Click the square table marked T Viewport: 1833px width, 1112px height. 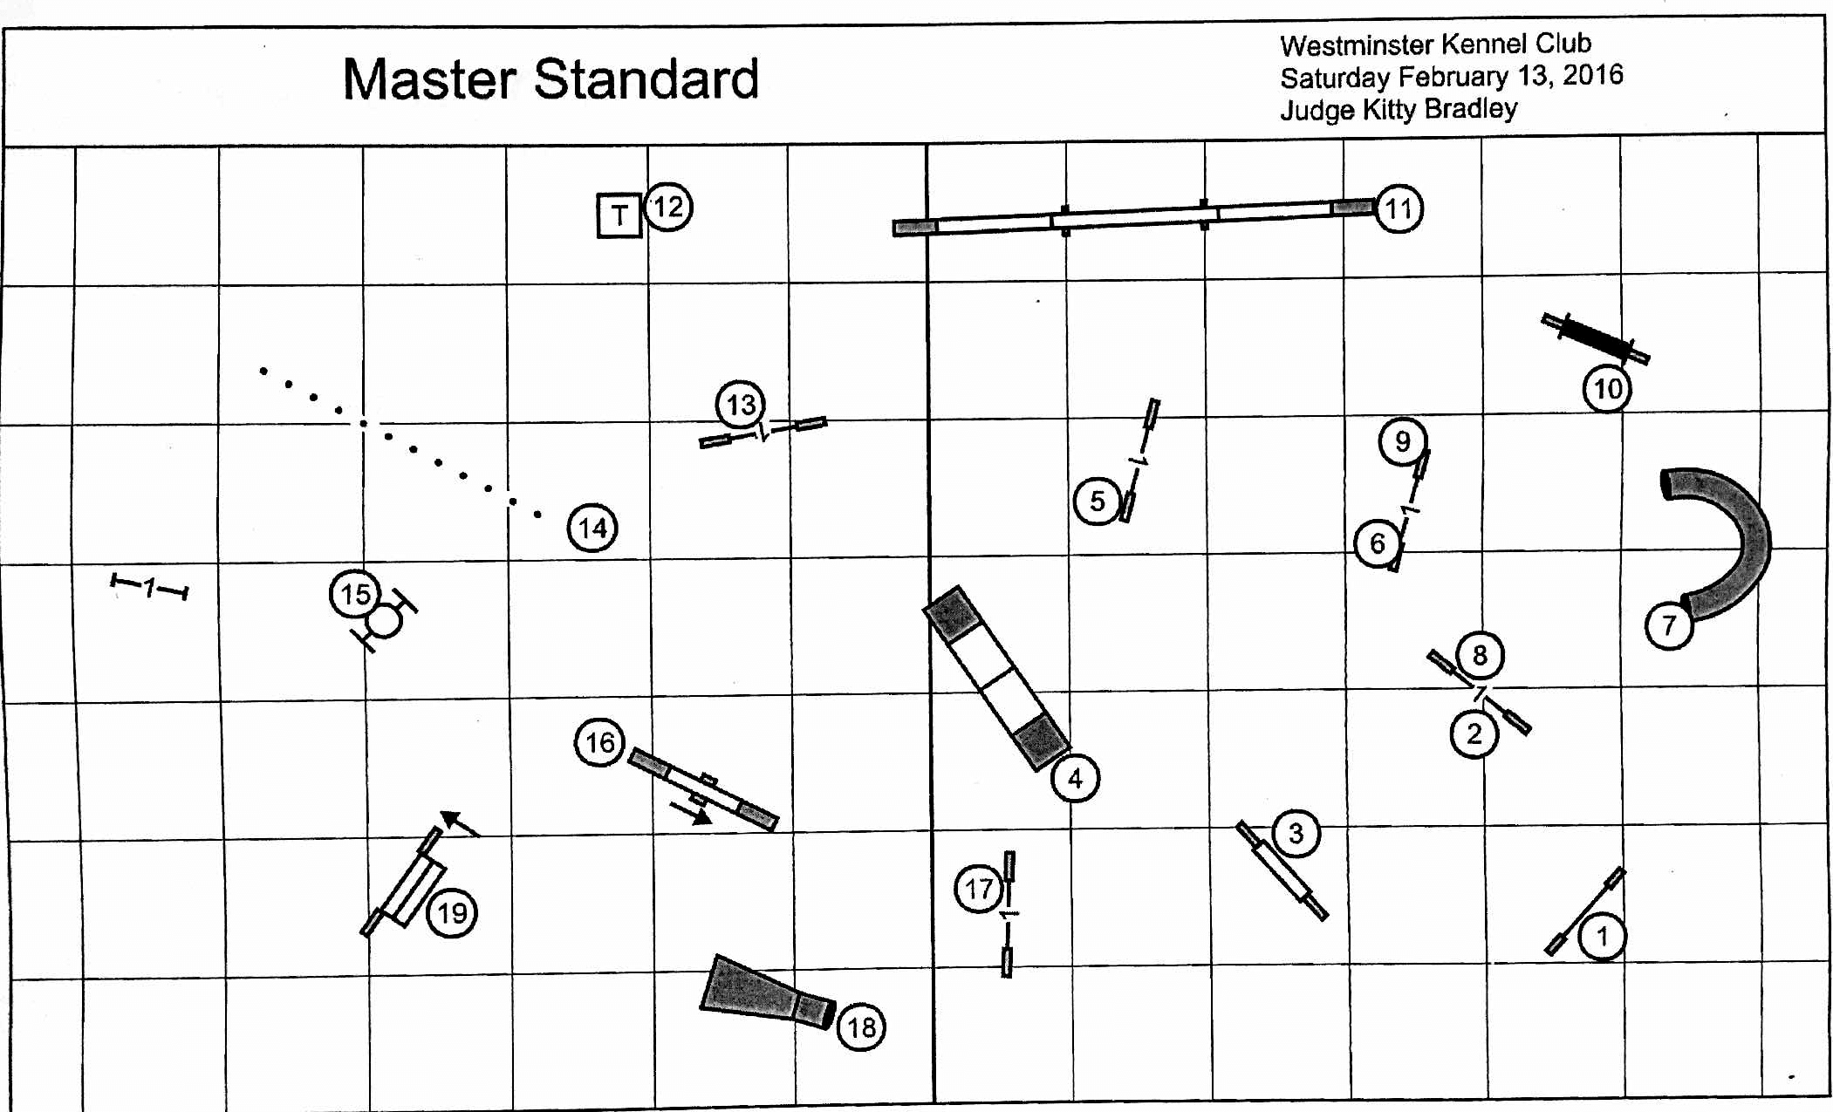619,215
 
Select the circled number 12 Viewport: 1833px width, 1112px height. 668,207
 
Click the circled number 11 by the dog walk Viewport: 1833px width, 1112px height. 1399,209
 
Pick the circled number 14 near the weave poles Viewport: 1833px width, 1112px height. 592,528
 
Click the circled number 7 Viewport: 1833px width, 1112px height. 1668,625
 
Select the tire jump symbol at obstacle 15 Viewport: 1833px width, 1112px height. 385,621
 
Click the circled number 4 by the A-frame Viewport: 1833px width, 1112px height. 1075,778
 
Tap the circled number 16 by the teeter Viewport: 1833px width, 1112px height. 599,742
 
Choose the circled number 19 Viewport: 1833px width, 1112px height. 452,913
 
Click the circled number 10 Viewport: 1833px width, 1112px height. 1607,389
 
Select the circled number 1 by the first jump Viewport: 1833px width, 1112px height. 1602,937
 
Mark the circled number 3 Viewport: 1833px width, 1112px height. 1296,833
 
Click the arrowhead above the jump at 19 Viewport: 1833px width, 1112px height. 450,818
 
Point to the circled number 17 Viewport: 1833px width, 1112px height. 978,889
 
